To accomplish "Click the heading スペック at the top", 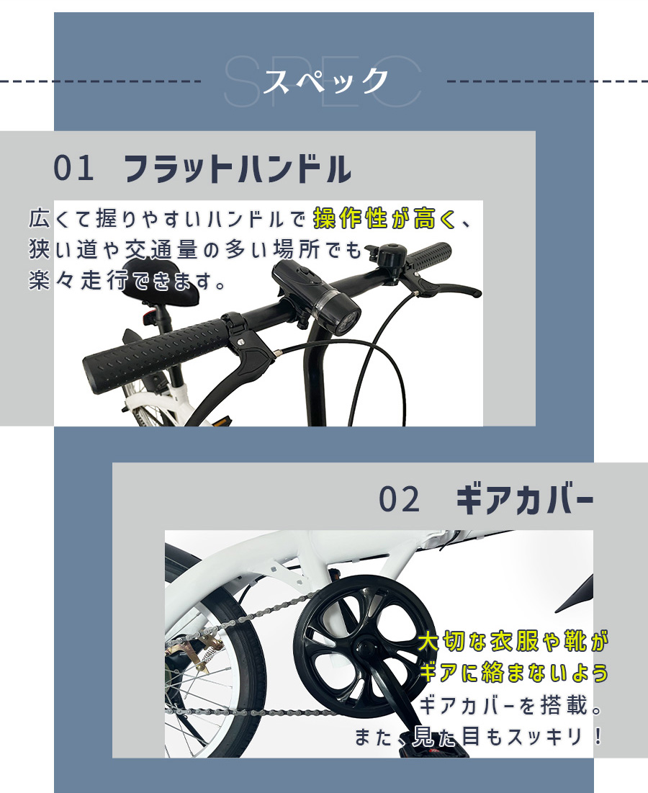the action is tap(326, 81).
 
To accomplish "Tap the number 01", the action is tap(73, 169).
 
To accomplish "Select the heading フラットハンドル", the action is tap(238, 169).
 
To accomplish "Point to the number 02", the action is tap(400, 499).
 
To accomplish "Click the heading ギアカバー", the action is tap(525, 500).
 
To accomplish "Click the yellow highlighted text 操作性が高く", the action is tap(384, 218).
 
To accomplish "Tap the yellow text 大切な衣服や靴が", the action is tap(513, 642).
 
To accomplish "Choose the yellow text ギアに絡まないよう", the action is tap(513, 673).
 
